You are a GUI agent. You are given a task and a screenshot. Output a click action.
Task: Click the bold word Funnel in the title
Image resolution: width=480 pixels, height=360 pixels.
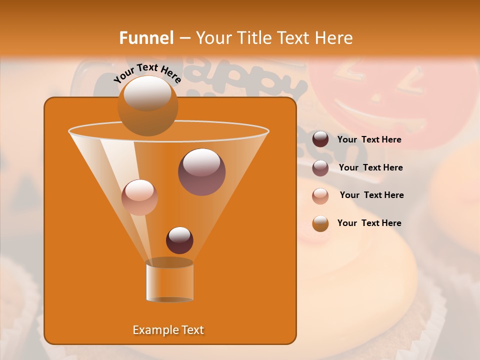(146, 38)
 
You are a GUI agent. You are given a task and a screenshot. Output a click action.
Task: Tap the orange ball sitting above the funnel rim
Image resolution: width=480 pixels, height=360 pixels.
(147, 105)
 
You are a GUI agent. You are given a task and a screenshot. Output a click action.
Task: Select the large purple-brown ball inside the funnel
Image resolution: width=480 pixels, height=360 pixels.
(201, 171)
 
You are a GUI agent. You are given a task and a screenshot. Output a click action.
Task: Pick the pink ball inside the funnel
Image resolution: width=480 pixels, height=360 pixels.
(139, 197)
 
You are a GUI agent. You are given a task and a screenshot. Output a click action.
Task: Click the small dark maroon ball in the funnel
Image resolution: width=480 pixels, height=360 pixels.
(179, 240)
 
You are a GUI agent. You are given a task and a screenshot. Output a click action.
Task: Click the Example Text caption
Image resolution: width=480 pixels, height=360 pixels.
(168, 330)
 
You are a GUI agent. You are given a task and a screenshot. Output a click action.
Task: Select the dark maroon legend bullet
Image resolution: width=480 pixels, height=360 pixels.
(320, 139)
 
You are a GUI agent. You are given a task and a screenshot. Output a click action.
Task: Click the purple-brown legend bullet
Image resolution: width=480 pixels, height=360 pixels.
(320, 168)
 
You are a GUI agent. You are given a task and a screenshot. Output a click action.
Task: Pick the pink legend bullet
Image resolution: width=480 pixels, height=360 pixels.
(320, 196)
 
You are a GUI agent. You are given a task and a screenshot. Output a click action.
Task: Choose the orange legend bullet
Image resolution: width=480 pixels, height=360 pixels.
(320, 223)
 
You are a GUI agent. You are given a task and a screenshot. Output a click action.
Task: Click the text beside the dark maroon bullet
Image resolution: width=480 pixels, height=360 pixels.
(369, 140)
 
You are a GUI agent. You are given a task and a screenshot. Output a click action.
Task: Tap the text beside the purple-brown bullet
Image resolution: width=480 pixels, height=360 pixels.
(370, 168)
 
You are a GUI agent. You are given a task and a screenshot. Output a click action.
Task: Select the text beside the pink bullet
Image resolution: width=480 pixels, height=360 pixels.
(371, 195)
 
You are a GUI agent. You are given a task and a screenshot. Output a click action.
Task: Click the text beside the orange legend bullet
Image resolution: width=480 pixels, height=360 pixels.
(369, 223)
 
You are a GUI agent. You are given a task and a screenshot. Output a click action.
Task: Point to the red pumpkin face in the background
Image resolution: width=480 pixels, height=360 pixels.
(392, 100)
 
